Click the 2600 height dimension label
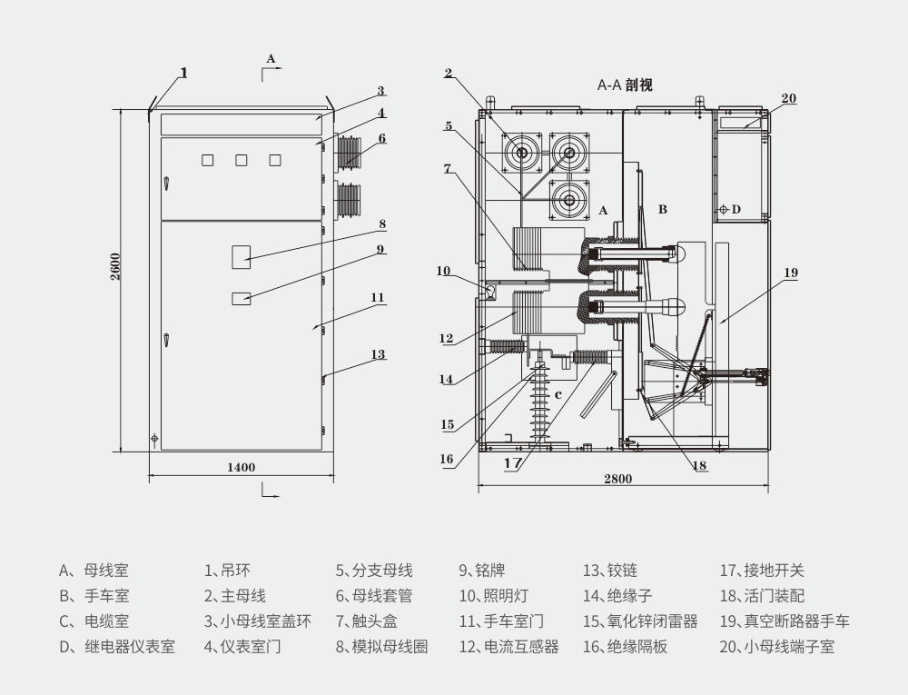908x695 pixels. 116,267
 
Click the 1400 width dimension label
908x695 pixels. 241,467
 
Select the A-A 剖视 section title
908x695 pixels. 625,84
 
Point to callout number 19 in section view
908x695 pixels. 791,272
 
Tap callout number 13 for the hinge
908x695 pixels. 378,354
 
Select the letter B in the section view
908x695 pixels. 663,209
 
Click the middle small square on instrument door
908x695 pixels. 242,161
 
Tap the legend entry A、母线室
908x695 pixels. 94,571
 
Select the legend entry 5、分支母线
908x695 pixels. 374,571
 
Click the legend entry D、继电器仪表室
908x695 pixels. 117,647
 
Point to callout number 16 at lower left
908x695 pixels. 447,460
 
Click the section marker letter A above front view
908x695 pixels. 270,57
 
